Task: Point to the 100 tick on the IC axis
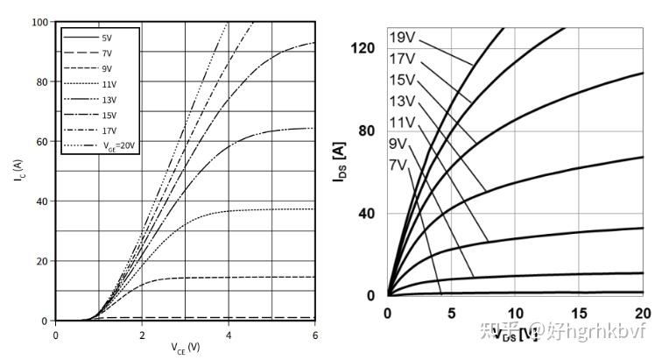(x=40, y=22)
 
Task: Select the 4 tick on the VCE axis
(x=229, y=334)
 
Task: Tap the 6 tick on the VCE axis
(x=314, y=334)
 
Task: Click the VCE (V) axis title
(x=185, y=348)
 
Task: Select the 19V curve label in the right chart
(x=402, y=39)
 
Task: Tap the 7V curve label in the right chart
(x=398, y=164)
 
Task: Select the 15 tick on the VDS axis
(x=579, y=313)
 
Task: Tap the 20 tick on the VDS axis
(x=642, y=313)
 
